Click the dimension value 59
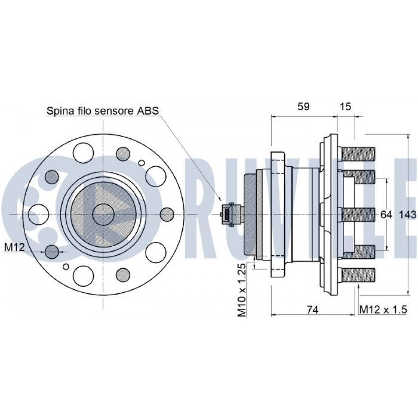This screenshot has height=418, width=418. tap(303, 107)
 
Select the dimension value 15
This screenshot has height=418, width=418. tap(346, 107)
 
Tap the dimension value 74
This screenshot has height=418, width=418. tap(313, 309)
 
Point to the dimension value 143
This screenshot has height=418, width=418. tap(407, 214)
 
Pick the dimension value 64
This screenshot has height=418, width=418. tap(386, 214)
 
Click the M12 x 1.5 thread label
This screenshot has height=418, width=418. tap(383, 309)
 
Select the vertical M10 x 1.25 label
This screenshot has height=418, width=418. tap(242, 291)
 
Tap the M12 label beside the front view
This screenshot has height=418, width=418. tap(14, 247)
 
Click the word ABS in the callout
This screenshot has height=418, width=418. tap(148, 111)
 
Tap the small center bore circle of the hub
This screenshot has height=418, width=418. tap(103, 214)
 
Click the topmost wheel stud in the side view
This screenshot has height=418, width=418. tap(358, 154)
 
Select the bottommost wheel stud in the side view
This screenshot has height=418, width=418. tap(358, 275)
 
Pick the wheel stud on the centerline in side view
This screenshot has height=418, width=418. tap(358, 214)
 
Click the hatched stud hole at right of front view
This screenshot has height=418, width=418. tap(168, 214)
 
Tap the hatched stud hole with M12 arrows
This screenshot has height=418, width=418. tap(52, 251)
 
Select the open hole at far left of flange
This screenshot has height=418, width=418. tap(38, 214)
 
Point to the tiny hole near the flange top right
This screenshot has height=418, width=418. tap(142, 163)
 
